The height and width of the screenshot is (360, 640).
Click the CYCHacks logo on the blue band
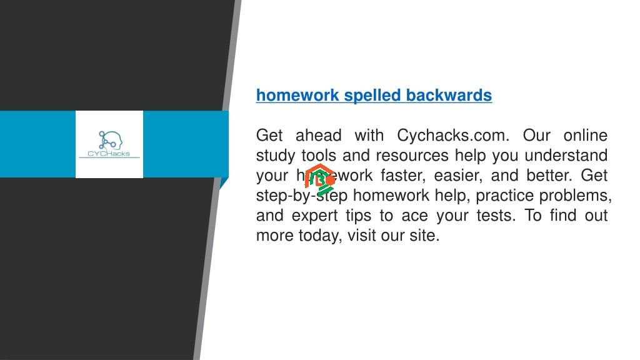[109, 144]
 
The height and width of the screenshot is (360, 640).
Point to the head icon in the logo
[111, 139]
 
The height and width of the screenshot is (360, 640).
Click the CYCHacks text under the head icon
[109, 154]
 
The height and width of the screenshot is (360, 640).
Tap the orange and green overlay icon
[320, 179]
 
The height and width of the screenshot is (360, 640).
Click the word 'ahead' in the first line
[318, 135]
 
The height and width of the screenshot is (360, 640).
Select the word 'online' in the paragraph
[585, 135]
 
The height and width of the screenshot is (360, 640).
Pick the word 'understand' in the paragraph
[566, 155]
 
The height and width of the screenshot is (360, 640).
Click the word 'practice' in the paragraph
[504, 195]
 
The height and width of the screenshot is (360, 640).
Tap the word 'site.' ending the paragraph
[426, 235]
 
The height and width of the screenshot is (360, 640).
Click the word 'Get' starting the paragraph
[270, 135]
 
